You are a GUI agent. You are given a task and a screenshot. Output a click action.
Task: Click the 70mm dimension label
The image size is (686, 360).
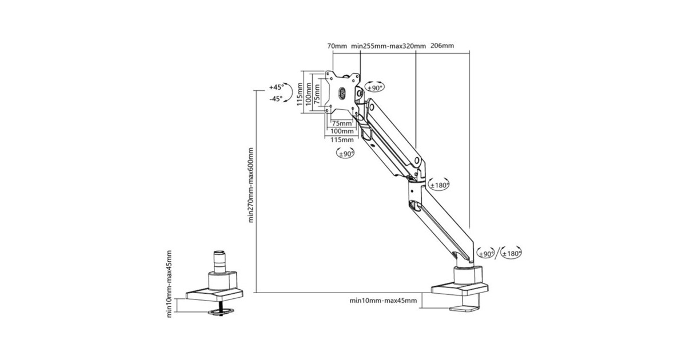pyautogui.click(x=337, y=46)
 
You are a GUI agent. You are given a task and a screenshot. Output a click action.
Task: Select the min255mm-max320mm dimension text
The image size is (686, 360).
pyautogui.click(x=388, y=46)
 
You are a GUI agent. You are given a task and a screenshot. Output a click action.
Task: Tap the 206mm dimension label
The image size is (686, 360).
pyautogui.click(x=442, y=46)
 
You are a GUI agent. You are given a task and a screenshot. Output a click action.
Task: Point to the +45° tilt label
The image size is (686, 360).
pyautogui.click(x=276, y=87)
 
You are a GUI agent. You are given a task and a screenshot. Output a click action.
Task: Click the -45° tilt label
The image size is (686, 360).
pyautogui.click(x=276, y=99)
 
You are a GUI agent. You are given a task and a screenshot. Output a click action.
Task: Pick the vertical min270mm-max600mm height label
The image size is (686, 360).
pyautogui.click(x=251, y=185)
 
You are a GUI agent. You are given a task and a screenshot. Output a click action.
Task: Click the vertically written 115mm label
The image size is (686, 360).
pyautogui.click(x=300, y=94)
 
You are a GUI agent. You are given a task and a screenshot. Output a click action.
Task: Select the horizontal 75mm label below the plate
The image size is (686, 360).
pyautogui.click(x=342, y=123)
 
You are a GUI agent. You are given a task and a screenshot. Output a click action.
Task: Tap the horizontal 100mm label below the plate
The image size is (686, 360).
pyautogui.click(x=342, y=131)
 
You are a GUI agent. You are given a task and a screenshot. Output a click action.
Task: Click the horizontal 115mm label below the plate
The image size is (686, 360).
pyautogui.click(x=342, y=140)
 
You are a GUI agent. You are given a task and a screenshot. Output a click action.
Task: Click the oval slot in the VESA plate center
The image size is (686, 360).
pyautogui.click(x=342, y=93)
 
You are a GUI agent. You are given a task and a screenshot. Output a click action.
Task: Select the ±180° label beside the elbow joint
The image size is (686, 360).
pyautogui.click(x=440, y=185)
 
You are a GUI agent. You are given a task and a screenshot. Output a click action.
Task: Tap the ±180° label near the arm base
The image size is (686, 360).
pyautogui.click(x=512, y=254)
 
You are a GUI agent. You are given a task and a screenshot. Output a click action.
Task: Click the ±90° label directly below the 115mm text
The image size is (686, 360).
pyautogui.click(x=345, y=154)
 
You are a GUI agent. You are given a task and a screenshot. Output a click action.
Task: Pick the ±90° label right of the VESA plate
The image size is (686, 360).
pyautogui.click(x=375, y=88)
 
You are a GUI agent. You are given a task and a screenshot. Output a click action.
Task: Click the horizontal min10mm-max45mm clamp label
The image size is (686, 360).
pyautogui.click(x=383, y=301)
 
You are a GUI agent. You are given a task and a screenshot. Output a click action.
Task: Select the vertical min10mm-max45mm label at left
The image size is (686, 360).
pyautogui.click(x=169, y=284)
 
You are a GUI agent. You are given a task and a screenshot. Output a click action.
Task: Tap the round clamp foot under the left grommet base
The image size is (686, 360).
pyautogui.click(x=221, y=312)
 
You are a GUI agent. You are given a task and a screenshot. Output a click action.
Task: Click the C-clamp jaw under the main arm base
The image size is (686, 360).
pyautogui.click(x=464, y=308)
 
